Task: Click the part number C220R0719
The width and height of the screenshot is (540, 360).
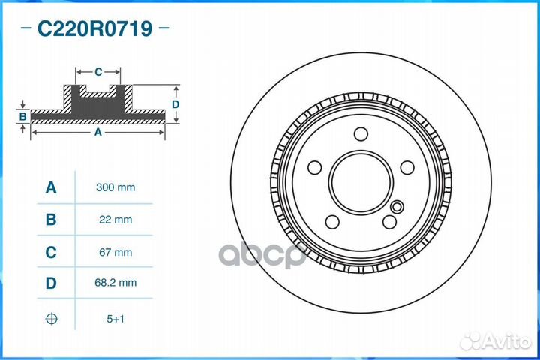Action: [x=94, y=28]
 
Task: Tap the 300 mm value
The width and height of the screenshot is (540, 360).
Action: [x=115, y=187]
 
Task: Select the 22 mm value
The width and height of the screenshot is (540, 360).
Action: [x=115, y=220]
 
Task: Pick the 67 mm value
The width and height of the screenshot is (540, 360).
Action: [x=115, y=252]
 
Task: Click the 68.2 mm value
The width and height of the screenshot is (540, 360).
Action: [x=115, y=283]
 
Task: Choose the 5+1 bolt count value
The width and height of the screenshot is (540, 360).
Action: [x=115, y=319]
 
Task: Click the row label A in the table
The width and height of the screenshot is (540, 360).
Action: [x=51, y=187]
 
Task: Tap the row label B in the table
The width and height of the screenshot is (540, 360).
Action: [x=51, y=220]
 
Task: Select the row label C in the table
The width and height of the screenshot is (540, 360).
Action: [x=51, y=252]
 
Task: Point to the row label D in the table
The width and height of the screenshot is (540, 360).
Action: [x=51, y=283]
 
